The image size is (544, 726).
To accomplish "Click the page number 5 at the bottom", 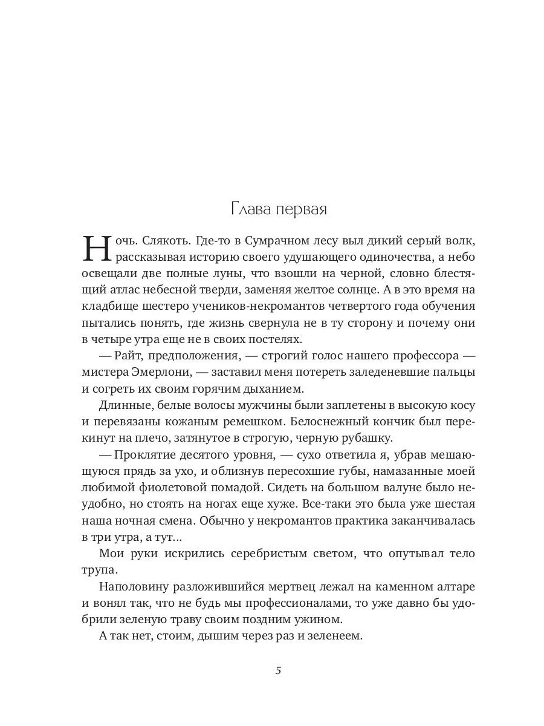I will tap(278, 670).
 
